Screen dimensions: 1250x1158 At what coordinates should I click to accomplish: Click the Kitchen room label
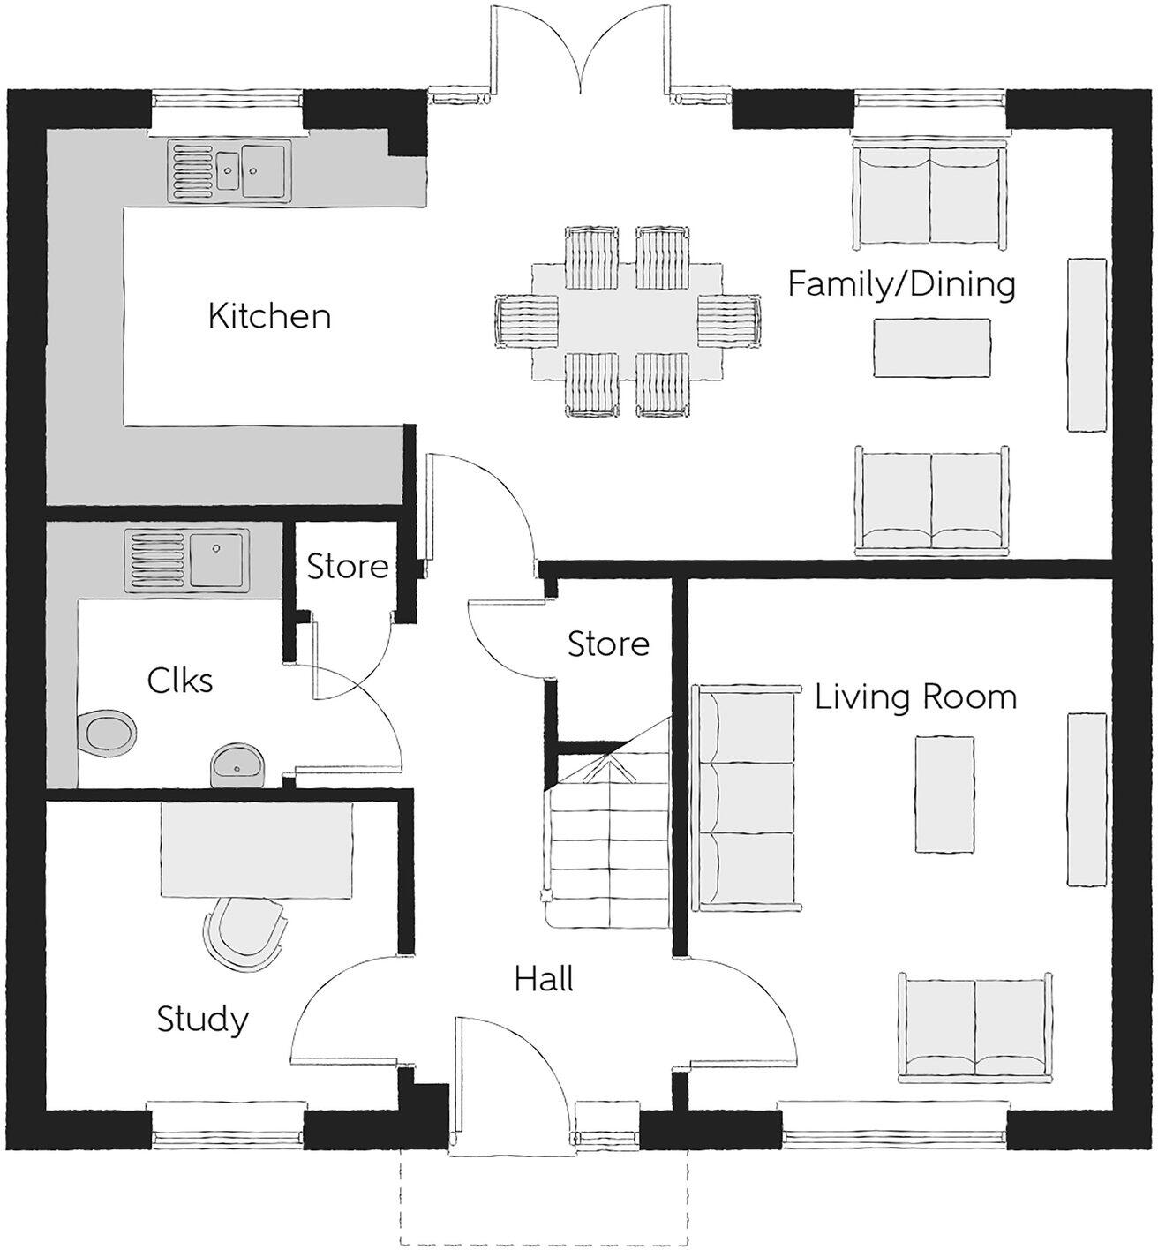(x=269, y=316)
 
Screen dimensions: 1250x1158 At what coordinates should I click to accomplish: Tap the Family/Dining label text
(x=901, y=284)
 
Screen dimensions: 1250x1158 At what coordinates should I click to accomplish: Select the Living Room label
(x=915, y=697)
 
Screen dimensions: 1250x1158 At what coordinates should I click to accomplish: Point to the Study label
(x=202, y=1020)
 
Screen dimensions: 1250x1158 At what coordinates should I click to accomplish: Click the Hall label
(x=545, y=979)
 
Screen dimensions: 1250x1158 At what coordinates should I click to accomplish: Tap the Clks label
(x=180, y=681)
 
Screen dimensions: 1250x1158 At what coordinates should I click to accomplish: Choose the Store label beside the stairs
(x=608, y=644)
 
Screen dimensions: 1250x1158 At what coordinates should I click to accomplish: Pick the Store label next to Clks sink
(x=348, y=566)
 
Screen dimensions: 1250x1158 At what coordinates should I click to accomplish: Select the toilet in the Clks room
(x=107, y=733)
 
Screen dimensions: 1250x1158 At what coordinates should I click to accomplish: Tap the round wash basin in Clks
(x=237, y=764)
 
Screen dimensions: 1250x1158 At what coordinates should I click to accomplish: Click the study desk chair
(x=244, y=930)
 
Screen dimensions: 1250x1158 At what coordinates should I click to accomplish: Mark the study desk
(x=257, y=848)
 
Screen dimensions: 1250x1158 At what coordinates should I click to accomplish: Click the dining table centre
(x=628, y=322)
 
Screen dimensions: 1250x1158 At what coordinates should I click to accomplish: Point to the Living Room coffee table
(x=944, y=794)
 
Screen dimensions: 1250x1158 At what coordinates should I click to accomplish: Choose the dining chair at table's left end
(x=528, y=322)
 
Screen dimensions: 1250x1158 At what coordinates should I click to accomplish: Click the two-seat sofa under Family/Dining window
(x=929, y=196)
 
